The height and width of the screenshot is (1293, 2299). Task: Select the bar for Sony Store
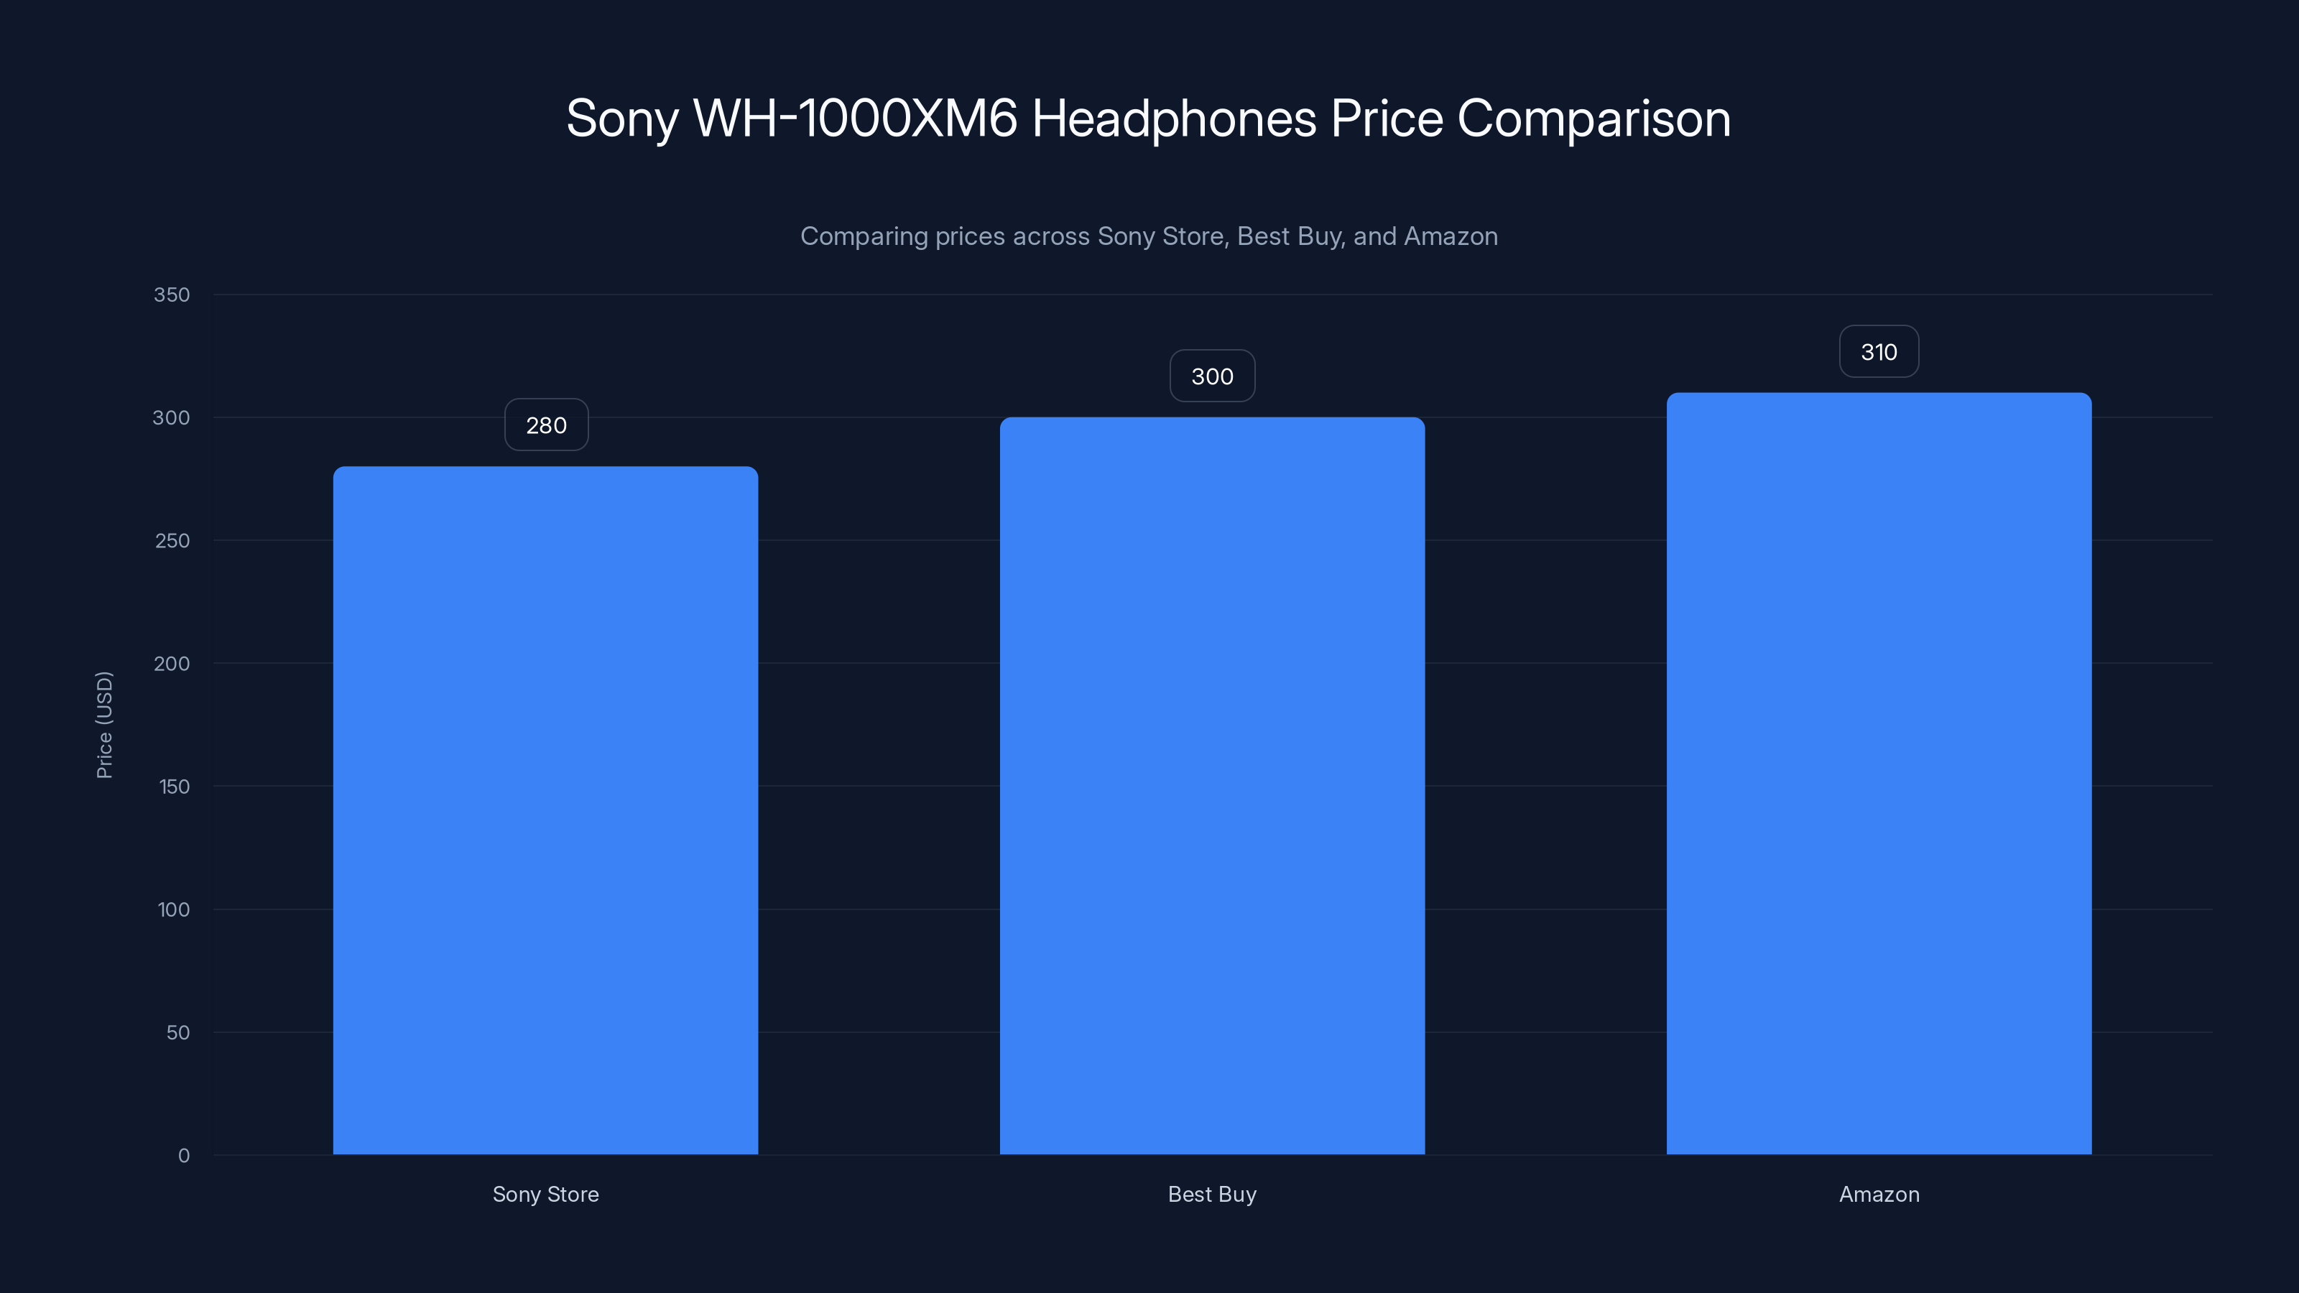[x=545, y=810]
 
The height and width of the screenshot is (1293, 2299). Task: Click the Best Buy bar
[x=1212, y=785]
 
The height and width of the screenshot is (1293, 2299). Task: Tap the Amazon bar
[x=1879, y=773]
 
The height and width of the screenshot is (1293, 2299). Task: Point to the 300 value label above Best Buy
[x=1212, y=376]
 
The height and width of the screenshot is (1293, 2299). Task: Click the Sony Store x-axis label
[x=545, y=1194]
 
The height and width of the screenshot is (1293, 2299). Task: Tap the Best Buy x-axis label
[x=1212, y=1194]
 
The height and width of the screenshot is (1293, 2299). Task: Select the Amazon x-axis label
[x=1879, y=1194]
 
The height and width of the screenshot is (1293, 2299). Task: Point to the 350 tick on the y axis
[x=172, y=295]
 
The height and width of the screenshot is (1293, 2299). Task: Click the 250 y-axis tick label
[x=172, y=541]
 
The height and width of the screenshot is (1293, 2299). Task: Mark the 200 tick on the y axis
[x=172, y=664]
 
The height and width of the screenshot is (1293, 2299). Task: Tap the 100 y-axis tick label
[x=173, y=910]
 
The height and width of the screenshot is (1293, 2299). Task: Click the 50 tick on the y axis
[x=177, y=1032]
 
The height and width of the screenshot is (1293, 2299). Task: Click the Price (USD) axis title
[x=104, y=725]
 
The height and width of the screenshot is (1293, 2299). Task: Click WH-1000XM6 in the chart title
[x=855, y=118]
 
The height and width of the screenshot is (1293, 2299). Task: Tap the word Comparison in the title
[x=1594, y=118]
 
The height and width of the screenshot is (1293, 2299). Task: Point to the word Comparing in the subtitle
[x=863, y=236]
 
